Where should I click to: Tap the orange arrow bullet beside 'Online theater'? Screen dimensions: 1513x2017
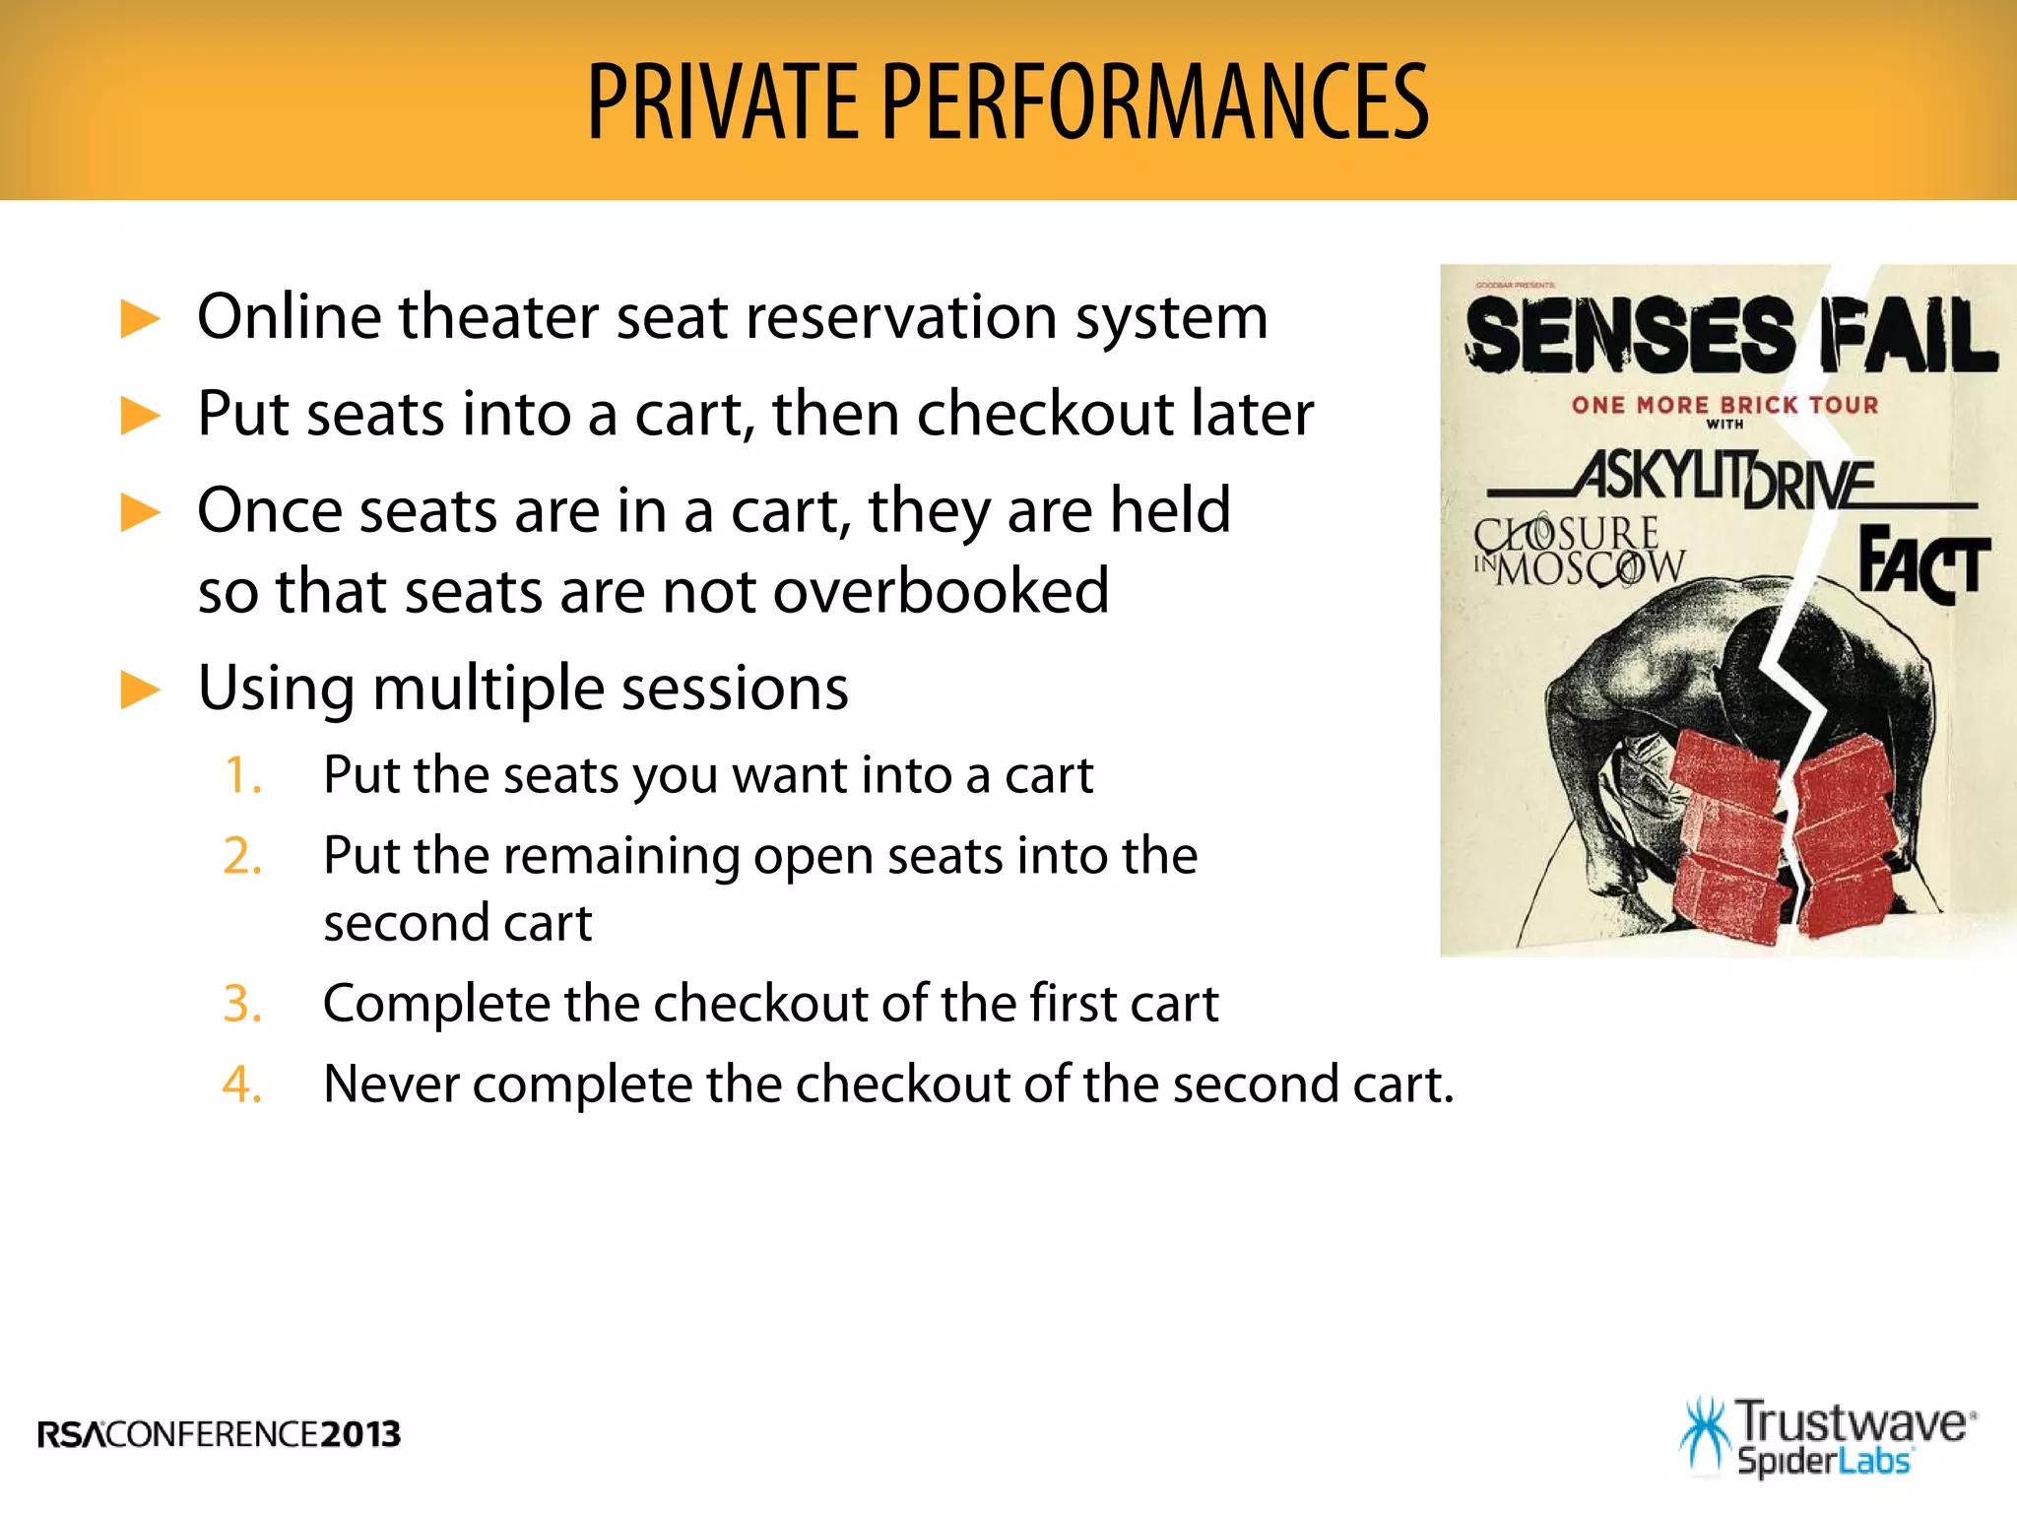pos(140,320)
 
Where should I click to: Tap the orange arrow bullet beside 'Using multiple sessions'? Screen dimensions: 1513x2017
pos(140,690)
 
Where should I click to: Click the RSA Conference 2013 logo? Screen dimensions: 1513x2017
pos(220,1434)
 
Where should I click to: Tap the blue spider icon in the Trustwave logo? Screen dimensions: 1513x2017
pos(1704,1437)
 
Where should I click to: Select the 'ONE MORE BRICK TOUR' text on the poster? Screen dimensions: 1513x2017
pos(1724,405)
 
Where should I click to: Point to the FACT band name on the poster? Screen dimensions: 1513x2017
pos(1922,563)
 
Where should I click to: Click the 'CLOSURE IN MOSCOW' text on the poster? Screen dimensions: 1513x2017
pos(1579,552)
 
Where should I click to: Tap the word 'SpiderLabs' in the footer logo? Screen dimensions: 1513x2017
pos(1823,1461)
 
